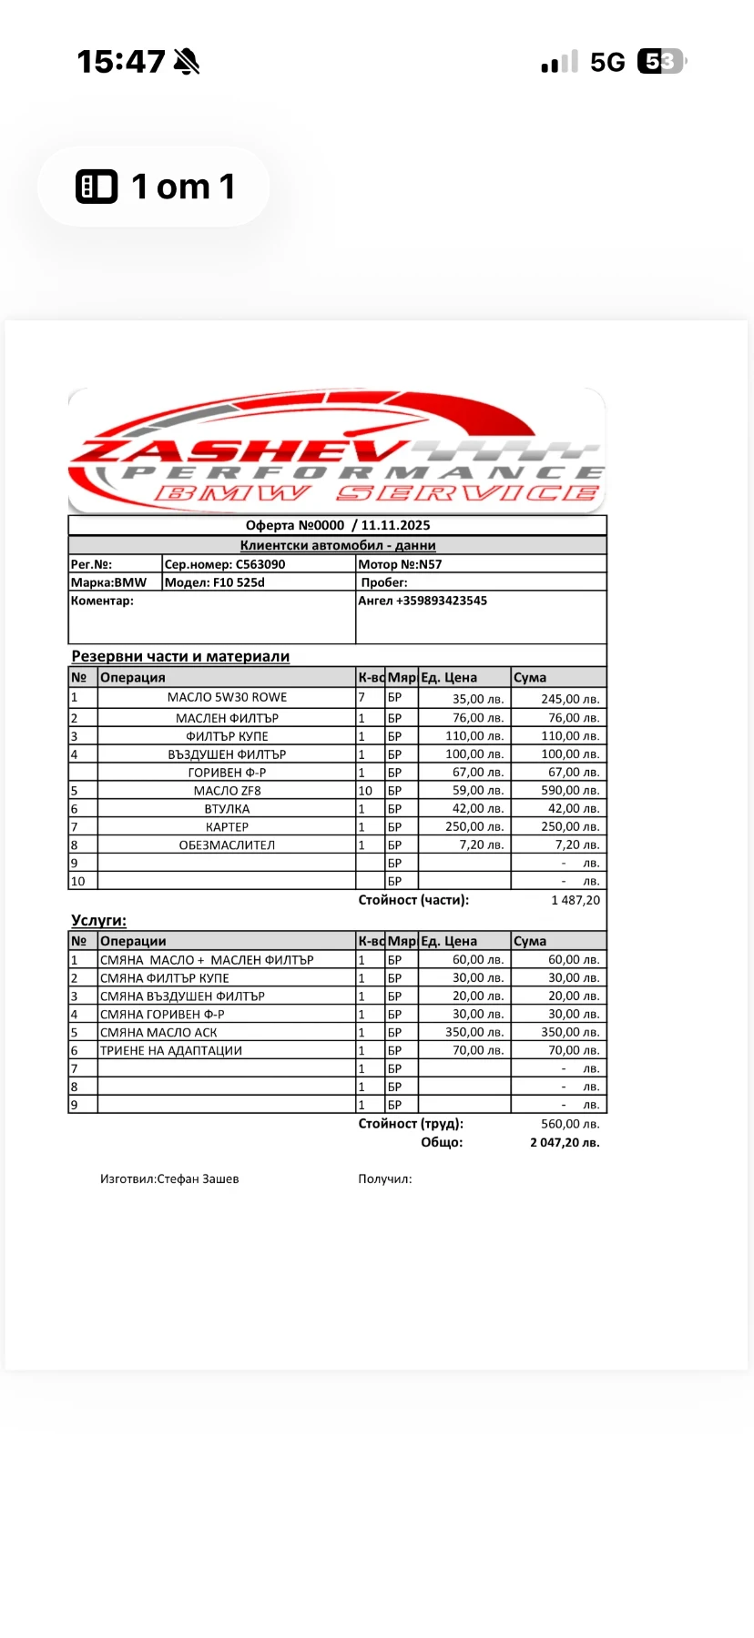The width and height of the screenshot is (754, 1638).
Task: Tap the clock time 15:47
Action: pos(121,62)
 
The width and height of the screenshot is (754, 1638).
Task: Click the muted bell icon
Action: pos(187,62)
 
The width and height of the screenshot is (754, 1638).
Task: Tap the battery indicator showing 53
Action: pos(661,62)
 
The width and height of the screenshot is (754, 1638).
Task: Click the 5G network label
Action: pos(607,62)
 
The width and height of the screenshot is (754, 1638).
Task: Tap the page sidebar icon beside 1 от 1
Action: pos(97,187)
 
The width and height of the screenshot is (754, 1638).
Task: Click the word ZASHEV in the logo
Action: pos(239,450)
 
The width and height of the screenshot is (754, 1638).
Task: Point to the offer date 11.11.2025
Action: pos(395,525)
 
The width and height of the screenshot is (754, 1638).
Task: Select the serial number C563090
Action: pos(260,564)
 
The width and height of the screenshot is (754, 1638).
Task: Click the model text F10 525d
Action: pos(239,582)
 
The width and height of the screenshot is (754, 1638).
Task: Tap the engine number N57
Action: pos(430,564)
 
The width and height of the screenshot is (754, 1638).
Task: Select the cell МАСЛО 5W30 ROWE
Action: pos(227,697)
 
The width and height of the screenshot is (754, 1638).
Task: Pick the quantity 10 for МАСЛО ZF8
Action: pos(365,791)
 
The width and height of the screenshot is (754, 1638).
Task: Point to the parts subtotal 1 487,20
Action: pos(576,900)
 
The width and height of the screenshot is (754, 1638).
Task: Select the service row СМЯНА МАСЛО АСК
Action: pos(158,1032)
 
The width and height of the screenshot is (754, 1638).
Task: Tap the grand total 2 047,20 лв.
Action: pos(565,1142)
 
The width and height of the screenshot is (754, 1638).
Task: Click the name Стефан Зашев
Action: pos(198,1178)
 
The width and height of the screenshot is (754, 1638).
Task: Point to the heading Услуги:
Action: pos(98,920)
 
